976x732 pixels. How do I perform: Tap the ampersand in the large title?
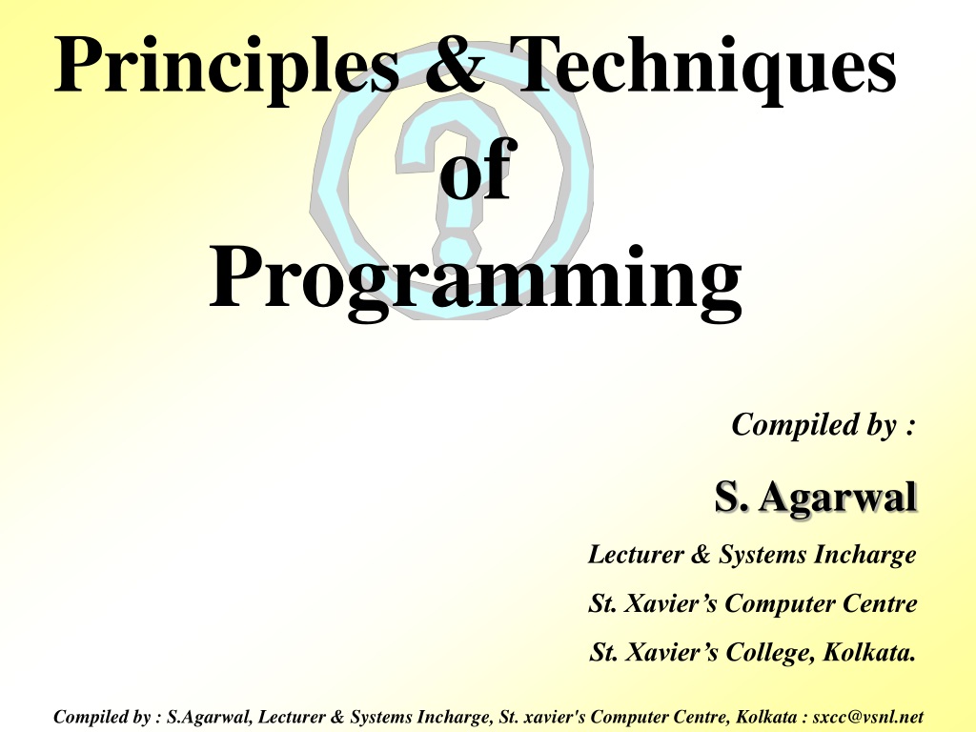pyautogui.click(x=455, y=64)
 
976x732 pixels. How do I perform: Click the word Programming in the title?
pyautogui.click(x=476, y=280)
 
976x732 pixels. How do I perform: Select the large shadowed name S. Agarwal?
pyautogui.click(x=816, y=497)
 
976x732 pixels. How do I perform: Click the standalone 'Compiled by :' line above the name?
pyautogui.click(x=823, y=426)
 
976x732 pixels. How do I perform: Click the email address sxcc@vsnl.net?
pyautogui.click(x=868, y=717)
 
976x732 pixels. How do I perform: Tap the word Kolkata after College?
pyautogui.click(x=869, y=652)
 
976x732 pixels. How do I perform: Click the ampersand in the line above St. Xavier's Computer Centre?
pyautogui.click(x=701, y=555)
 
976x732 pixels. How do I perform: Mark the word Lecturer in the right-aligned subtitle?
pyautogui.click(x=636, y=555)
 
